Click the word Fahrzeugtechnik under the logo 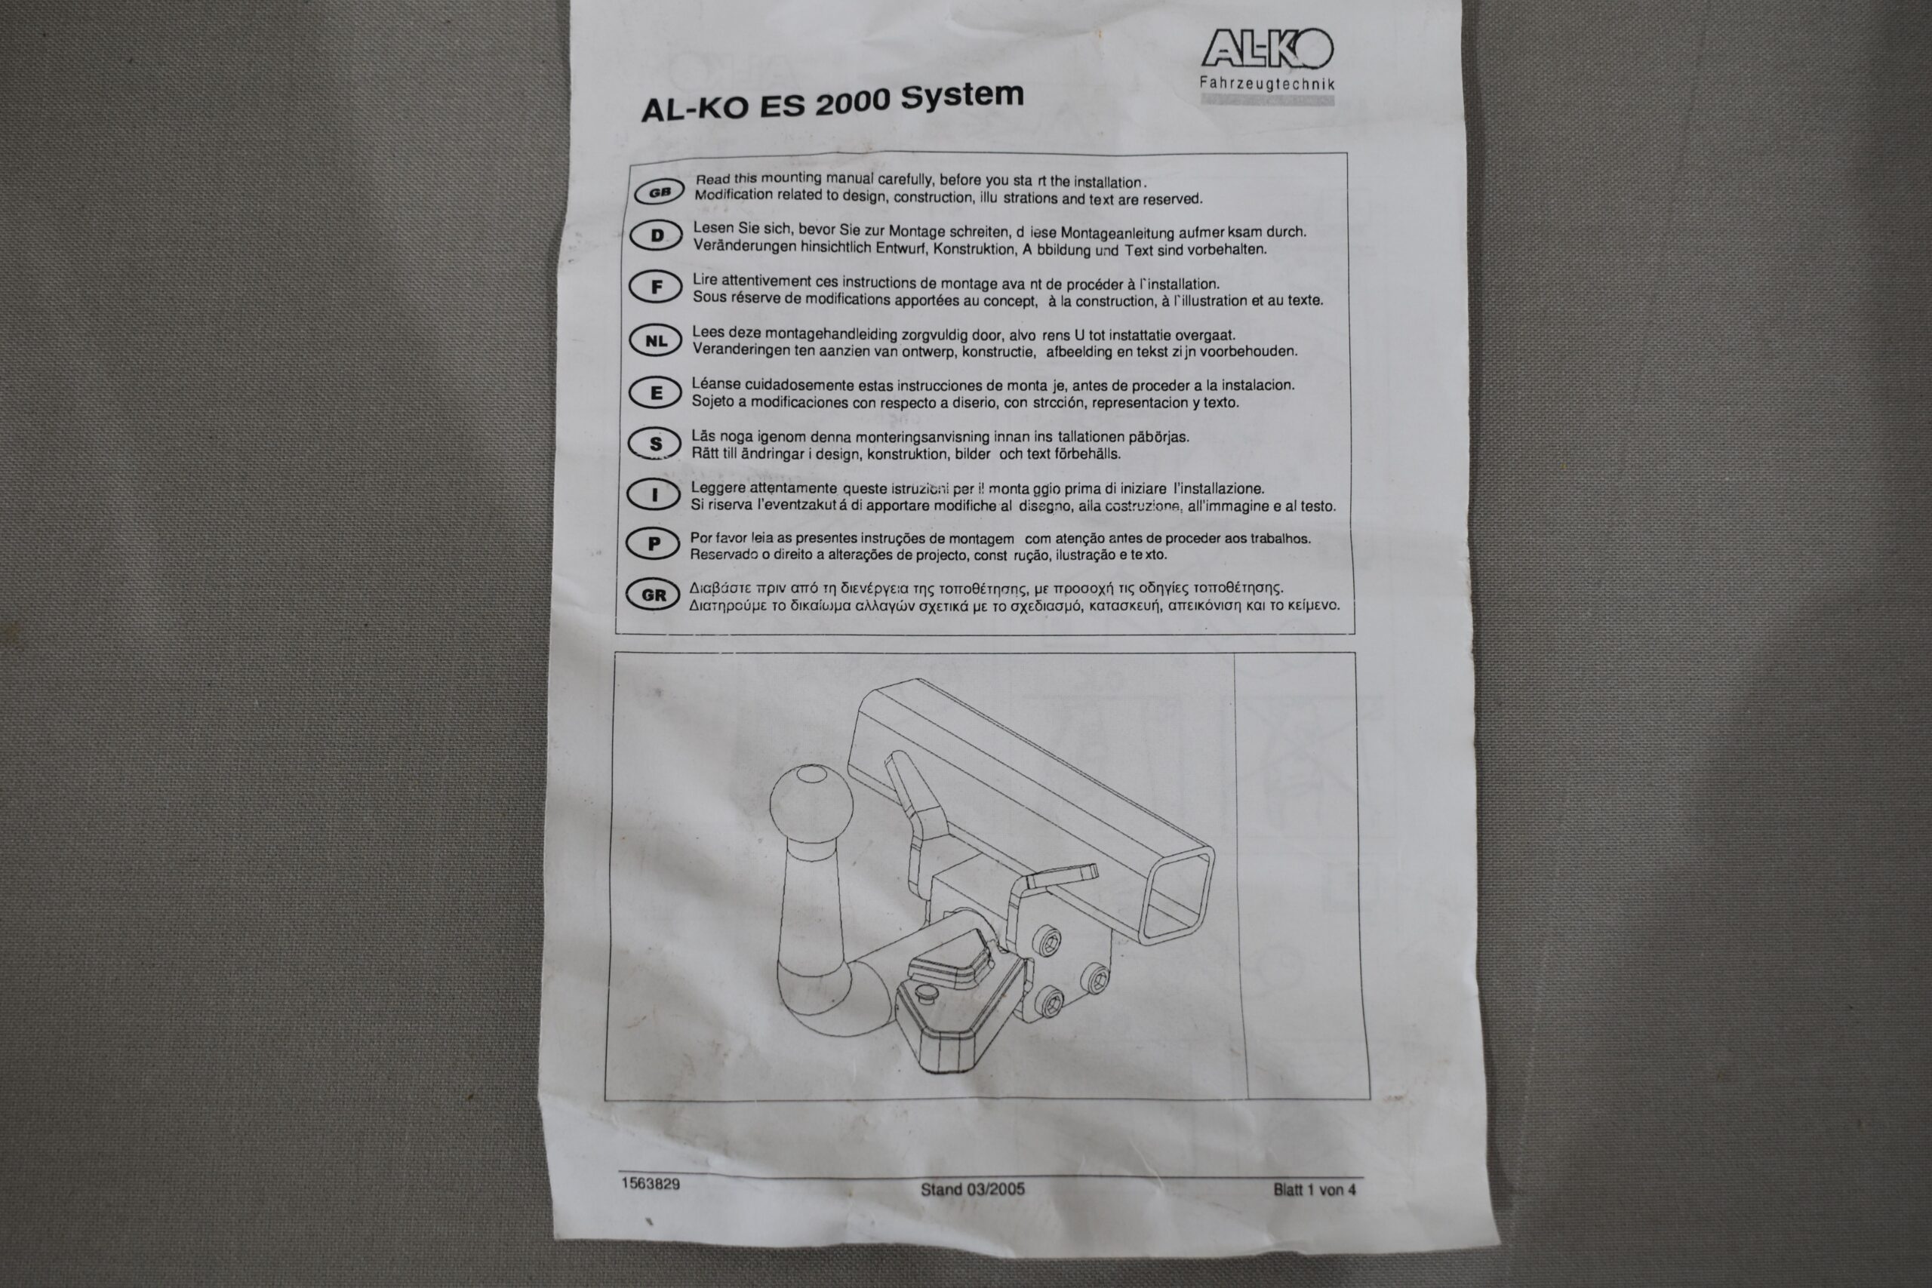click(x=1266, y=83)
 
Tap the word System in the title click(x=962, y=96)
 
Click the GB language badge click(x=660, y=192)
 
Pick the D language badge click(x=657, y=235)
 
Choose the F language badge click(x=656, y=287)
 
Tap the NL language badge click(x=656, y=340)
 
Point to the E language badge click(x=656, y=392)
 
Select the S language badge click(x=654, y=444)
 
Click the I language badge click(x=654, y=494)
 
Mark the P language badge click(x=653, y=544)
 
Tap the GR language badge click(x=653, y=595)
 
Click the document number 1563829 click(x=651, y=1184)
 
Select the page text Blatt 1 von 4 click(x=1314, y=1189)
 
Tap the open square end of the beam click(x=1177, y=896)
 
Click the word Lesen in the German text click(x=713, y=228)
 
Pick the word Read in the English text click(x=713, y=178)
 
